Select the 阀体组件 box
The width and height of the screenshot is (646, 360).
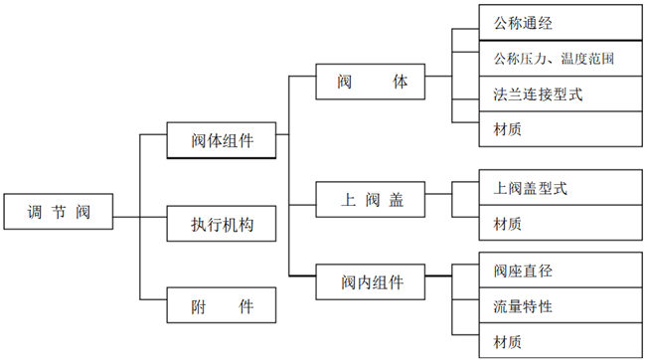(x=209, y=139)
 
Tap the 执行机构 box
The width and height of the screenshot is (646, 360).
(x=209, y=225)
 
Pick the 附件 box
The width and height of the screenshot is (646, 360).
(x=209, y=307)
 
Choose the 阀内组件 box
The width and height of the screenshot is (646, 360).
(x=360, y=281)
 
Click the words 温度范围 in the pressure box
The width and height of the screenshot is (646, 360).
(x=587, y=59)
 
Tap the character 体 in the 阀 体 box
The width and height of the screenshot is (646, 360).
(x=399, y=82)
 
